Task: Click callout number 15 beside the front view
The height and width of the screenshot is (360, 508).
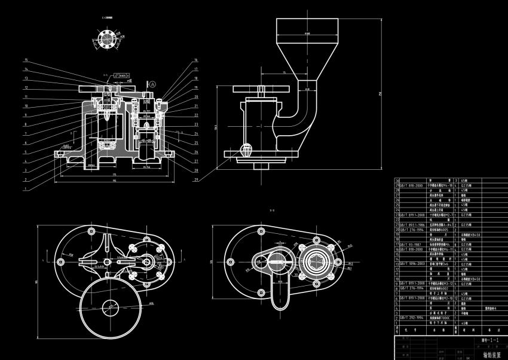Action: pos(26,60)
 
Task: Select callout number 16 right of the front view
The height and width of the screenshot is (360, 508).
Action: pos(195,60)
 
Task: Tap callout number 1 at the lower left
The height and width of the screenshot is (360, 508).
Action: pos(26,188)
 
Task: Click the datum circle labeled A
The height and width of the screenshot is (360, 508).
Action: pos(153,84)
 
